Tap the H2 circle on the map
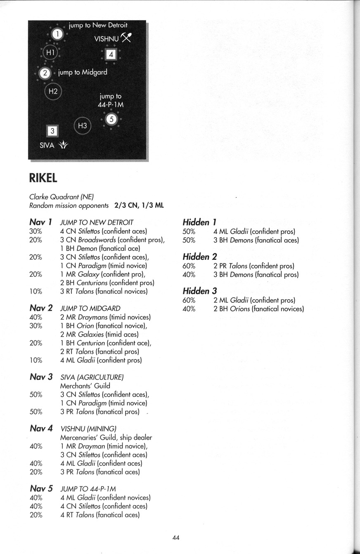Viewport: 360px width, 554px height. (x=53, y=91)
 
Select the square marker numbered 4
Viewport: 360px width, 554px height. (x=111, y=54)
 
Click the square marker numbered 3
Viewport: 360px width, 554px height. (x=52, y=131)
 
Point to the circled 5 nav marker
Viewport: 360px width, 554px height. (x=111, y=120)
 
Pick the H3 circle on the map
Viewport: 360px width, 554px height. (x=82, y=125)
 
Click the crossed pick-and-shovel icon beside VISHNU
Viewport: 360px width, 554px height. (x=126, y=38)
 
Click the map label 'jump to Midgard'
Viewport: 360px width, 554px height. (x=83, y=72)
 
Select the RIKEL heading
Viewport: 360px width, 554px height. (x=43, y=178)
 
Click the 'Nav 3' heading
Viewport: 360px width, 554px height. (x=41, y=377)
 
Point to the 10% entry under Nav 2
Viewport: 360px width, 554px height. (x=36, y=360)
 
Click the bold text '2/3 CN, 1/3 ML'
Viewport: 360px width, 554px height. (x=139, y=205)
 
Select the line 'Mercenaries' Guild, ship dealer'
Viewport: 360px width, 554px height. (x=106, y=437)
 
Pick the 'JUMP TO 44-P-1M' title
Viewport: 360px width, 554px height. (x=88, y=489)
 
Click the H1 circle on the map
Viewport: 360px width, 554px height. (x=50, y=52)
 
